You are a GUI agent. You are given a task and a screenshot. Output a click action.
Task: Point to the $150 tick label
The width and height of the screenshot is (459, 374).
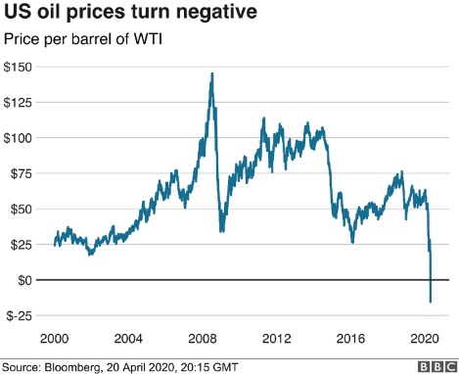pyautogui.click(x=21, y=67)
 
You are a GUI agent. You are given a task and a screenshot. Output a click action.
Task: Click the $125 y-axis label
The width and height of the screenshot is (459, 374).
pyautogui.click(x=21, y=102)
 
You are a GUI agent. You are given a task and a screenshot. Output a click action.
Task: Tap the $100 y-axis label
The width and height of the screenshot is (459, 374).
pyautogui.click(x=21, y=138)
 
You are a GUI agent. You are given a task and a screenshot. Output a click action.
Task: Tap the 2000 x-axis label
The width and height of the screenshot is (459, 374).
pyautogui.click(x=55, y=338)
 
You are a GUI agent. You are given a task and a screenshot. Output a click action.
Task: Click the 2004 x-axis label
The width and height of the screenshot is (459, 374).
pyautogui.click(x=129, y=338)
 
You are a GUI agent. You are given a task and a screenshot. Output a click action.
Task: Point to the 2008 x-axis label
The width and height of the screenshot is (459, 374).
pyautogui.click(x=204, y=338)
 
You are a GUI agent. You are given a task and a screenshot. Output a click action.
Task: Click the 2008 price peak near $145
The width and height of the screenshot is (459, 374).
pyautogui.click(x=212, y=73)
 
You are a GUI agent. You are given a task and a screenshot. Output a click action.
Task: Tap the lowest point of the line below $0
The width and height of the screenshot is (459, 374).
pyautogui.click(x=431, y=302)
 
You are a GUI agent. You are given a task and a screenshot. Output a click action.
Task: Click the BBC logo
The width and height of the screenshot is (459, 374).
pyautogui.click(x=436, y=366)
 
